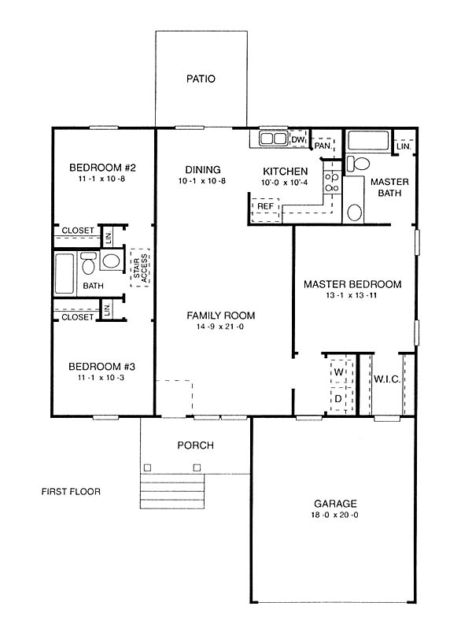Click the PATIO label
[x=201, y=79]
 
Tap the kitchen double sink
[x=273, y=139]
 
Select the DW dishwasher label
[x=297, y=139]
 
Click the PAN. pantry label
[x=323, y=146]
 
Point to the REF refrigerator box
[x=265, y=210]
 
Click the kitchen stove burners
[x=332, y=182]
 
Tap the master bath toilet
[x=358, y=164]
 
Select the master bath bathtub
[x=368, y=141]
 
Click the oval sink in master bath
[x=355, y=212]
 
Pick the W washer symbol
[x=339, y=371]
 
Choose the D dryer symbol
[x=338, y=399]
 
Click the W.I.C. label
[x=387, y=379]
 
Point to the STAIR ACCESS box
[x=140, y=268]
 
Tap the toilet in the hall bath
[x=88, y=263]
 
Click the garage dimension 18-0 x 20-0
[x=334, y=515]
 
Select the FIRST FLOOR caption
[x=71, y=491]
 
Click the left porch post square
[x=147, y=468]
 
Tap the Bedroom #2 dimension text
[x=102, y=179]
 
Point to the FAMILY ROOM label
[x=221, y=315]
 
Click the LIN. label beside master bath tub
[x=404, y=146]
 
